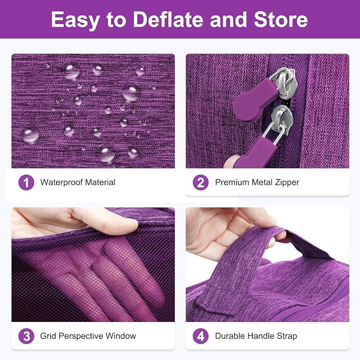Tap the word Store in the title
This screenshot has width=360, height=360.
(x=280, y=20)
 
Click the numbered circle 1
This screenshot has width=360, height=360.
(x=26, y=182)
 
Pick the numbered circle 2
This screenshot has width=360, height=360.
(x=200, y=182)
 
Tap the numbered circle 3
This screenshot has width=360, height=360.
(x=26, y=336)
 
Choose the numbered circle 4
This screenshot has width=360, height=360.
(x=200, y=336)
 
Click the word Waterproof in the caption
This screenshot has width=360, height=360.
(x=62, y=182)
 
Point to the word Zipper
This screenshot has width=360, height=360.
(x=287, y=183)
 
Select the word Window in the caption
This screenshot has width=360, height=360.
(x=121, y=336)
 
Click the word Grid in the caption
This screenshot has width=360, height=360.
(x=48, y=336)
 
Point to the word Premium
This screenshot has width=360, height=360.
(x=232, y=182)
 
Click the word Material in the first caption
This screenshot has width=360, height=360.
(x=100, y=182)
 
